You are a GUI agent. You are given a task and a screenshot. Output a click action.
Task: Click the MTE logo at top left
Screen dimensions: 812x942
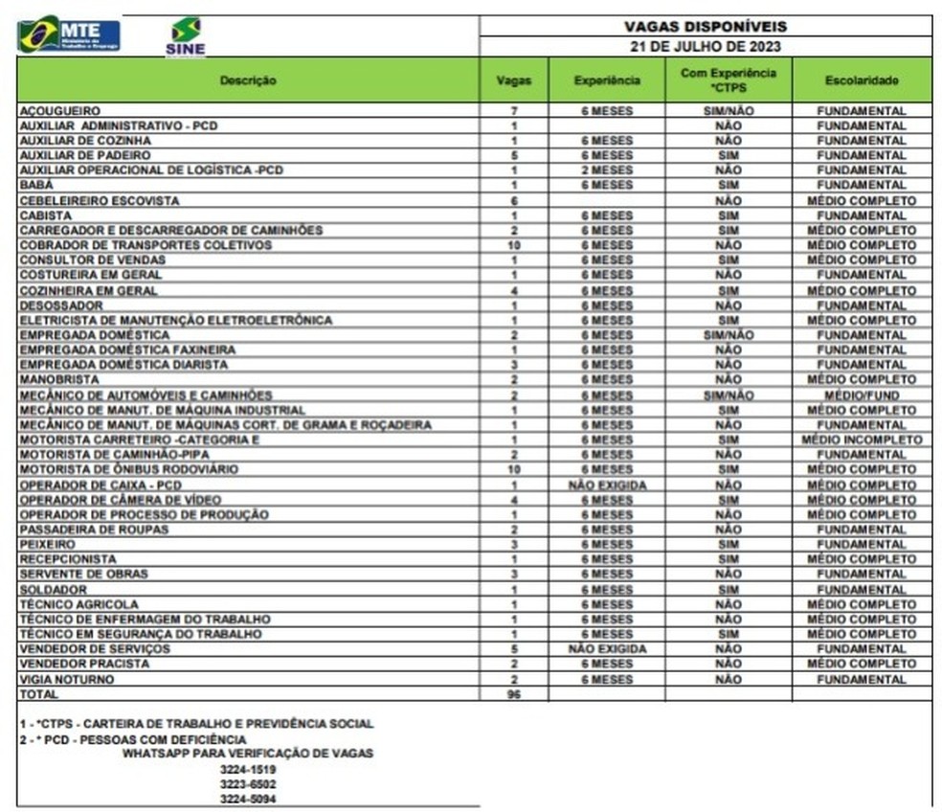click(x=69, y=34)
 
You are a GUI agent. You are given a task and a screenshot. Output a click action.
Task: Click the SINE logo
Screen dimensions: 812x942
click(x=185, y=36)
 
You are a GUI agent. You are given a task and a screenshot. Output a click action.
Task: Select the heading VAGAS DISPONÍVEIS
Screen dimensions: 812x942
click(x=705, y=27)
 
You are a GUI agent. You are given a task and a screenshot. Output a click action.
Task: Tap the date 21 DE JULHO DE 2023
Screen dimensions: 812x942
click(x=705, y=46)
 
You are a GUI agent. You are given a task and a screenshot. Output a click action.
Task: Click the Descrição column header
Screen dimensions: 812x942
click(x=247, y=80)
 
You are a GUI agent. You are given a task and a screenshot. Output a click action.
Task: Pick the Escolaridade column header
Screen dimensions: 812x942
click(x=861, y=80)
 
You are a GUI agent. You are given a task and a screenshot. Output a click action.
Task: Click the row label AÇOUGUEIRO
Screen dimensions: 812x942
click(x=59, y=111)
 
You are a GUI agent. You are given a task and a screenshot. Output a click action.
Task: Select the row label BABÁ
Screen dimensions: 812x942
click(x=36, y=185)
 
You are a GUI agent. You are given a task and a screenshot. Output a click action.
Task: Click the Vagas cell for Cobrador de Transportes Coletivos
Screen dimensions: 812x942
click(x=514, y=245)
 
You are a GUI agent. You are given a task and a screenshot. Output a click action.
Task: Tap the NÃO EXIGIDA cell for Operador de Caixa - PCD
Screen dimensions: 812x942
click(x=607, y=485)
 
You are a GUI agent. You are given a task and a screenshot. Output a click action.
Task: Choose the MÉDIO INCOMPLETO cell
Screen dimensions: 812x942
click(x=861, y=440)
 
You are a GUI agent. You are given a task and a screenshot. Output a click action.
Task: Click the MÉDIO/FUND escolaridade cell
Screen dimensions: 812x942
click(x=861, y=395)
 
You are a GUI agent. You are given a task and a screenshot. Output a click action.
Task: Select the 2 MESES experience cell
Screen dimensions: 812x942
click(x=607, y=170)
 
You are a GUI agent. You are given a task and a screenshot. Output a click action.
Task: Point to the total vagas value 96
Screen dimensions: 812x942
click(x=514, y=693)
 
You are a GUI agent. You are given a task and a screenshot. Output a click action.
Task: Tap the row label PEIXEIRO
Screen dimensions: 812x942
click(x=47, y=544)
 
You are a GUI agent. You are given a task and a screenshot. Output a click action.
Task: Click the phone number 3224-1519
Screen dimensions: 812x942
click(x=248, y=769)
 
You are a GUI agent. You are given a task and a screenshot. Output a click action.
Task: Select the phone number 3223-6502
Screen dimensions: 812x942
click(x=248, y=783)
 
